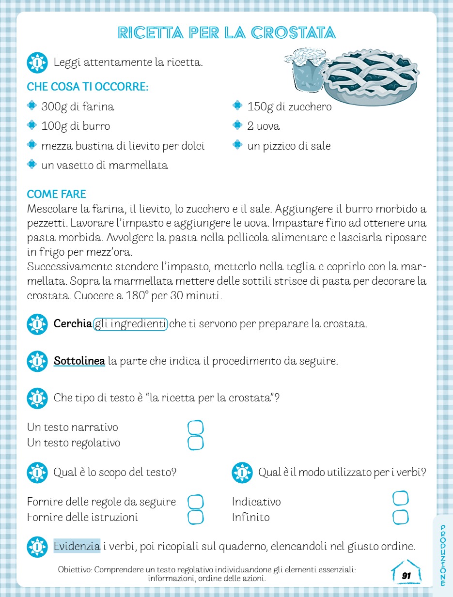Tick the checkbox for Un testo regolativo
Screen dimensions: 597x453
click(x=195, y=443)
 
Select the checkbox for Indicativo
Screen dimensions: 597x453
click(x=401, y=498)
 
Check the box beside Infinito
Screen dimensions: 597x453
click(x=401, y=517)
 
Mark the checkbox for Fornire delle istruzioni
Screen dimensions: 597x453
click(x=195, y=517)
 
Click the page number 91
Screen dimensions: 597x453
click(x=406, y=576)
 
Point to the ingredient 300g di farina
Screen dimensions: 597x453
click(x=78, y=107)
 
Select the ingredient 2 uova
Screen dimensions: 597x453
click(x=264, y=126)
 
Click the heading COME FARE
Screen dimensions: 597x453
click(x=56, y=194)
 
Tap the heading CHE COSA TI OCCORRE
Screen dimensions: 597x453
click(x=87, y=87)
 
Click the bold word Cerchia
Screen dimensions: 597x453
click(x=73, y=324)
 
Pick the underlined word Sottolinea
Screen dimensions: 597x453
click(x=79, y=361)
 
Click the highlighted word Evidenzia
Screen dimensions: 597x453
click(x=77, y=547)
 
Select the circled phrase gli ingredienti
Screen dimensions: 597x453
click(x=130, y=324)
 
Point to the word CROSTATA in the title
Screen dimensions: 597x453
click(x=294, y=33)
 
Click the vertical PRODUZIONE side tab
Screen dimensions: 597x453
click(x=443, y=554)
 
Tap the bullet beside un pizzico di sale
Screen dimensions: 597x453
click(x=237, y=145)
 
